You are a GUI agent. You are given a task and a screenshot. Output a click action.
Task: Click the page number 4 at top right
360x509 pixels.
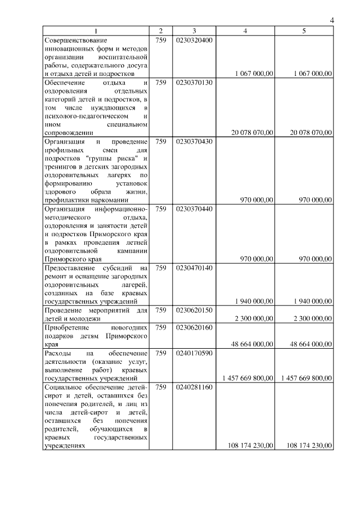coord(332,21)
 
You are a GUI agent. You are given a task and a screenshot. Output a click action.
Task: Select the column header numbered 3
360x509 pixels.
coord(193,31)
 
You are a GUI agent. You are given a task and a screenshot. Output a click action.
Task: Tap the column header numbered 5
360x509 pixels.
coord(304,31)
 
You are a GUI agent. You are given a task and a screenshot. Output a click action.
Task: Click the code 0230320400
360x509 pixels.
coord(193,40)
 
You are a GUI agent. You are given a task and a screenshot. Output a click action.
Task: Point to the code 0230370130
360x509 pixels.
coord(193,83)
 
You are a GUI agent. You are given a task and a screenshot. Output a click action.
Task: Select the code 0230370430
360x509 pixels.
coord(193,141)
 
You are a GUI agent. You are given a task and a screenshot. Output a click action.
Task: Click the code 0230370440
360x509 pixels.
coord(193,209)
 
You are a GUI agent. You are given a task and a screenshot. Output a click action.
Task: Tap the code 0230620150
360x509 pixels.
coord(193,310)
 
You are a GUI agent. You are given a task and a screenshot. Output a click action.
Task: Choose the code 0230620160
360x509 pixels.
coord(193,327)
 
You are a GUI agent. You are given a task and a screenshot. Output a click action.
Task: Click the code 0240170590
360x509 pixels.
coord(193,353)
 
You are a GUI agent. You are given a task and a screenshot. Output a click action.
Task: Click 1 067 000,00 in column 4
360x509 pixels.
coord(253,73)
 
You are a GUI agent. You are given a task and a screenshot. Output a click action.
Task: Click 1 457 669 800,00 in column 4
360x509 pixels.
coord(248,377)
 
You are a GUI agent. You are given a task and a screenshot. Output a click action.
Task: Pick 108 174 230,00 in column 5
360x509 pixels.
coord(309,445)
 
